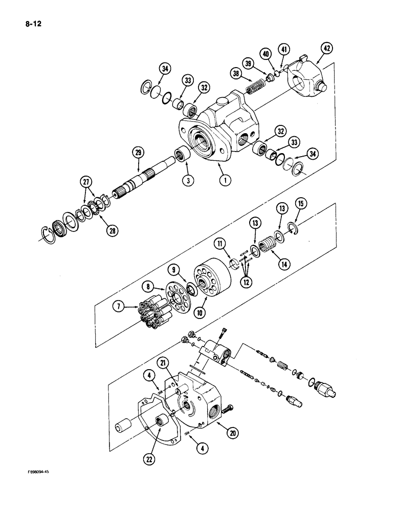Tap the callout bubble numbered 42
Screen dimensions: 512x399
coord(326,49)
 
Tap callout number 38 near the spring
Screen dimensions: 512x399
coord(236,73)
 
